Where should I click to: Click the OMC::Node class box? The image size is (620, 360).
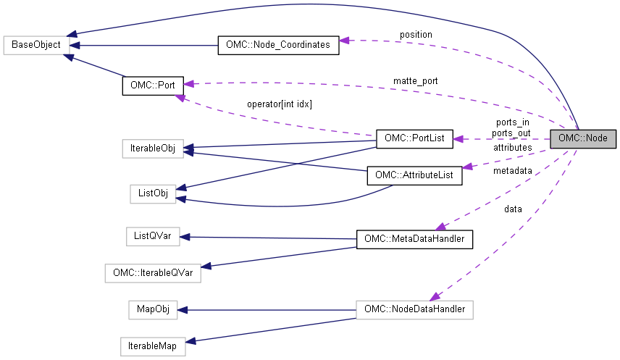click(583, 138)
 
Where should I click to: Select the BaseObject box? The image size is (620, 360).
click(36, 45)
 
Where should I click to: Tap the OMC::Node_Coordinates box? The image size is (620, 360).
click(277, 45)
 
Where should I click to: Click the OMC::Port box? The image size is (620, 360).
click(153, 84)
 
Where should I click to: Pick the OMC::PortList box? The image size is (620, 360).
click(414, 138)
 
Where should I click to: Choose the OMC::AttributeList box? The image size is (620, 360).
click(414, 176)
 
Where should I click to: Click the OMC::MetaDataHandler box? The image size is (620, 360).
click(414, 238)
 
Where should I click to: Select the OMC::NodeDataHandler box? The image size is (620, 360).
click(414, 309)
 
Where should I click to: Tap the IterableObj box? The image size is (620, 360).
click(152, 149)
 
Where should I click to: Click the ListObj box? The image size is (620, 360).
click(152, 193)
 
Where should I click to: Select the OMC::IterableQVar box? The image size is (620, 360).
click(152, 273)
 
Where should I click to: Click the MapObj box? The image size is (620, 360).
click(152, 309)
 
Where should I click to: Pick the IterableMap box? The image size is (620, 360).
click(152, 346)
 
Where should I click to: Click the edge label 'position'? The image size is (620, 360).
click(415, 34)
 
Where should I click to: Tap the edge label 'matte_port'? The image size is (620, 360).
click(415, 80)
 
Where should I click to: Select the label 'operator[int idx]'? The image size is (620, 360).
click(280, 104)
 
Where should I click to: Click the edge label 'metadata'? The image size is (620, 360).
click(512, 171)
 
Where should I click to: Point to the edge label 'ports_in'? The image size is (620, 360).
click(511, 122)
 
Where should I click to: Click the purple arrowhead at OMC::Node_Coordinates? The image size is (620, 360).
click(345, 41)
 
